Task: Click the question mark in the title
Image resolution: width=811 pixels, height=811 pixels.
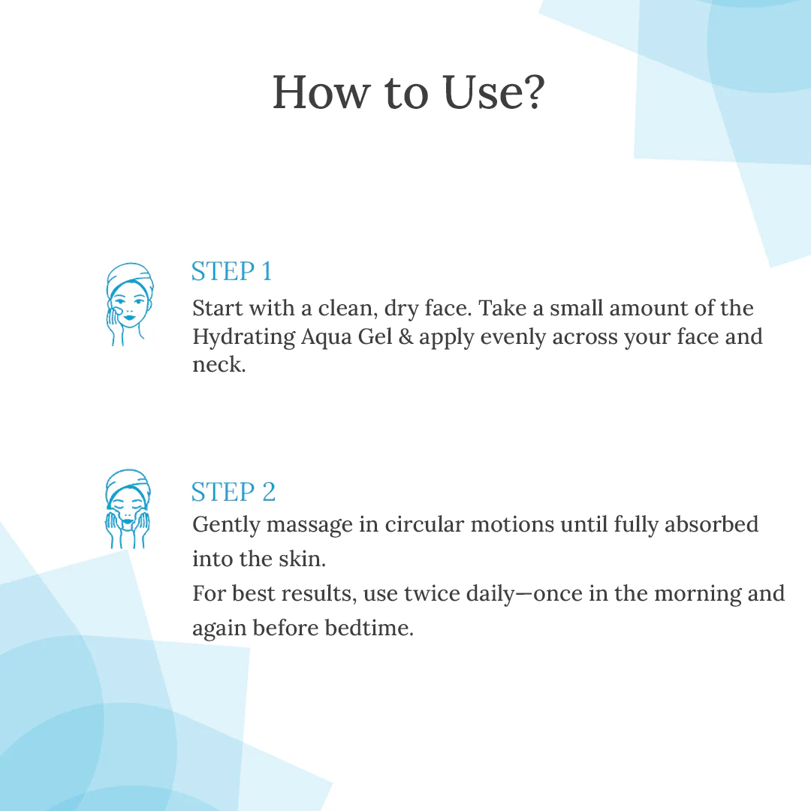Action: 530,93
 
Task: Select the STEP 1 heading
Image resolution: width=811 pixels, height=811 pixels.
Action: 231,271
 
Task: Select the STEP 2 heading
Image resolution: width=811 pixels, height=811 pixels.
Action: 234,492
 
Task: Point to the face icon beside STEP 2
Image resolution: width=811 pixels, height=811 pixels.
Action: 128,509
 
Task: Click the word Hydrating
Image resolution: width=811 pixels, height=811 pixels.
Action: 243,337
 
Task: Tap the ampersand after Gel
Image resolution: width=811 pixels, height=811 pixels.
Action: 405,336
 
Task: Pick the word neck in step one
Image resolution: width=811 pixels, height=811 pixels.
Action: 218,365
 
